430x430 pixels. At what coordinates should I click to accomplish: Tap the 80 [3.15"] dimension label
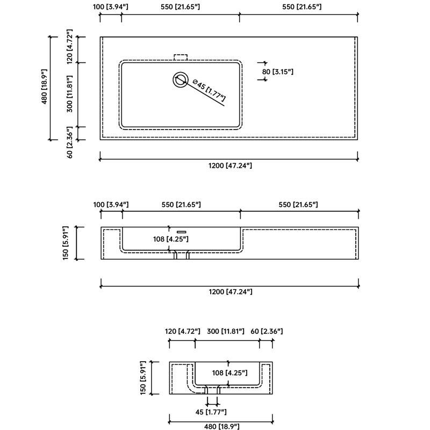click(277, 72)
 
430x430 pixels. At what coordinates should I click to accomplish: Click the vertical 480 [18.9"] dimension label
click(44, 87)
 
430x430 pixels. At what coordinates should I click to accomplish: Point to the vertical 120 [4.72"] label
click(70, 46)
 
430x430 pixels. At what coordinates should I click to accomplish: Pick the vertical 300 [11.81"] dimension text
click(70, 94)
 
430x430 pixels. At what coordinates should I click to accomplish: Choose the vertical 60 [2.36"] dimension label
click(70, 142)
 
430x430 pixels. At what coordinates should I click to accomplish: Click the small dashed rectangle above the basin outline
click(181, 58)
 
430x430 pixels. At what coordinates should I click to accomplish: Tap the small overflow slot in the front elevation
click(181, 232)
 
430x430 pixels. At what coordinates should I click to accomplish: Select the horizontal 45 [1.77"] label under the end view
click(211, 412)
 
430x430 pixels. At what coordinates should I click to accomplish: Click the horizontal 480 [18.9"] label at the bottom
click(221, 426)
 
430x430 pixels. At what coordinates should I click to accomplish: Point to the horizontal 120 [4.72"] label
click(182, 331)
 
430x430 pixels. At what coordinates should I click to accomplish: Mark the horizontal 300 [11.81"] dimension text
click(225, 331)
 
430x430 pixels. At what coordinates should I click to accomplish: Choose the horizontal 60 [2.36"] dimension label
click(267, 331)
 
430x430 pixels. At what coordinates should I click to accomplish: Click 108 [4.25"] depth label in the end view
click(230, 372)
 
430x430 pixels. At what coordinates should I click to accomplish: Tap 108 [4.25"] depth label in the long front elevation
click(171, 239)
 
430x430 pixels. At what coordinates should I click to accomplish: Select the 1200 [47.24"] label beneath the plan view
click(230, 166)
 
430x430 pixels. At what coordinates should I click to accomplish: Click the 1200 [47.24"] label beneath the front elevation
click(231, 291)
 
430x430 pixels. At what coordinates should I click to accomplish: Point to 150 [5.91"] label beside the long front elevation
click(66, 243)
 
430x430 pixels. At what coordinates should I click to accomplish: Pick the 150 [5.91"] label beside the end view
click(143, 378)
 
